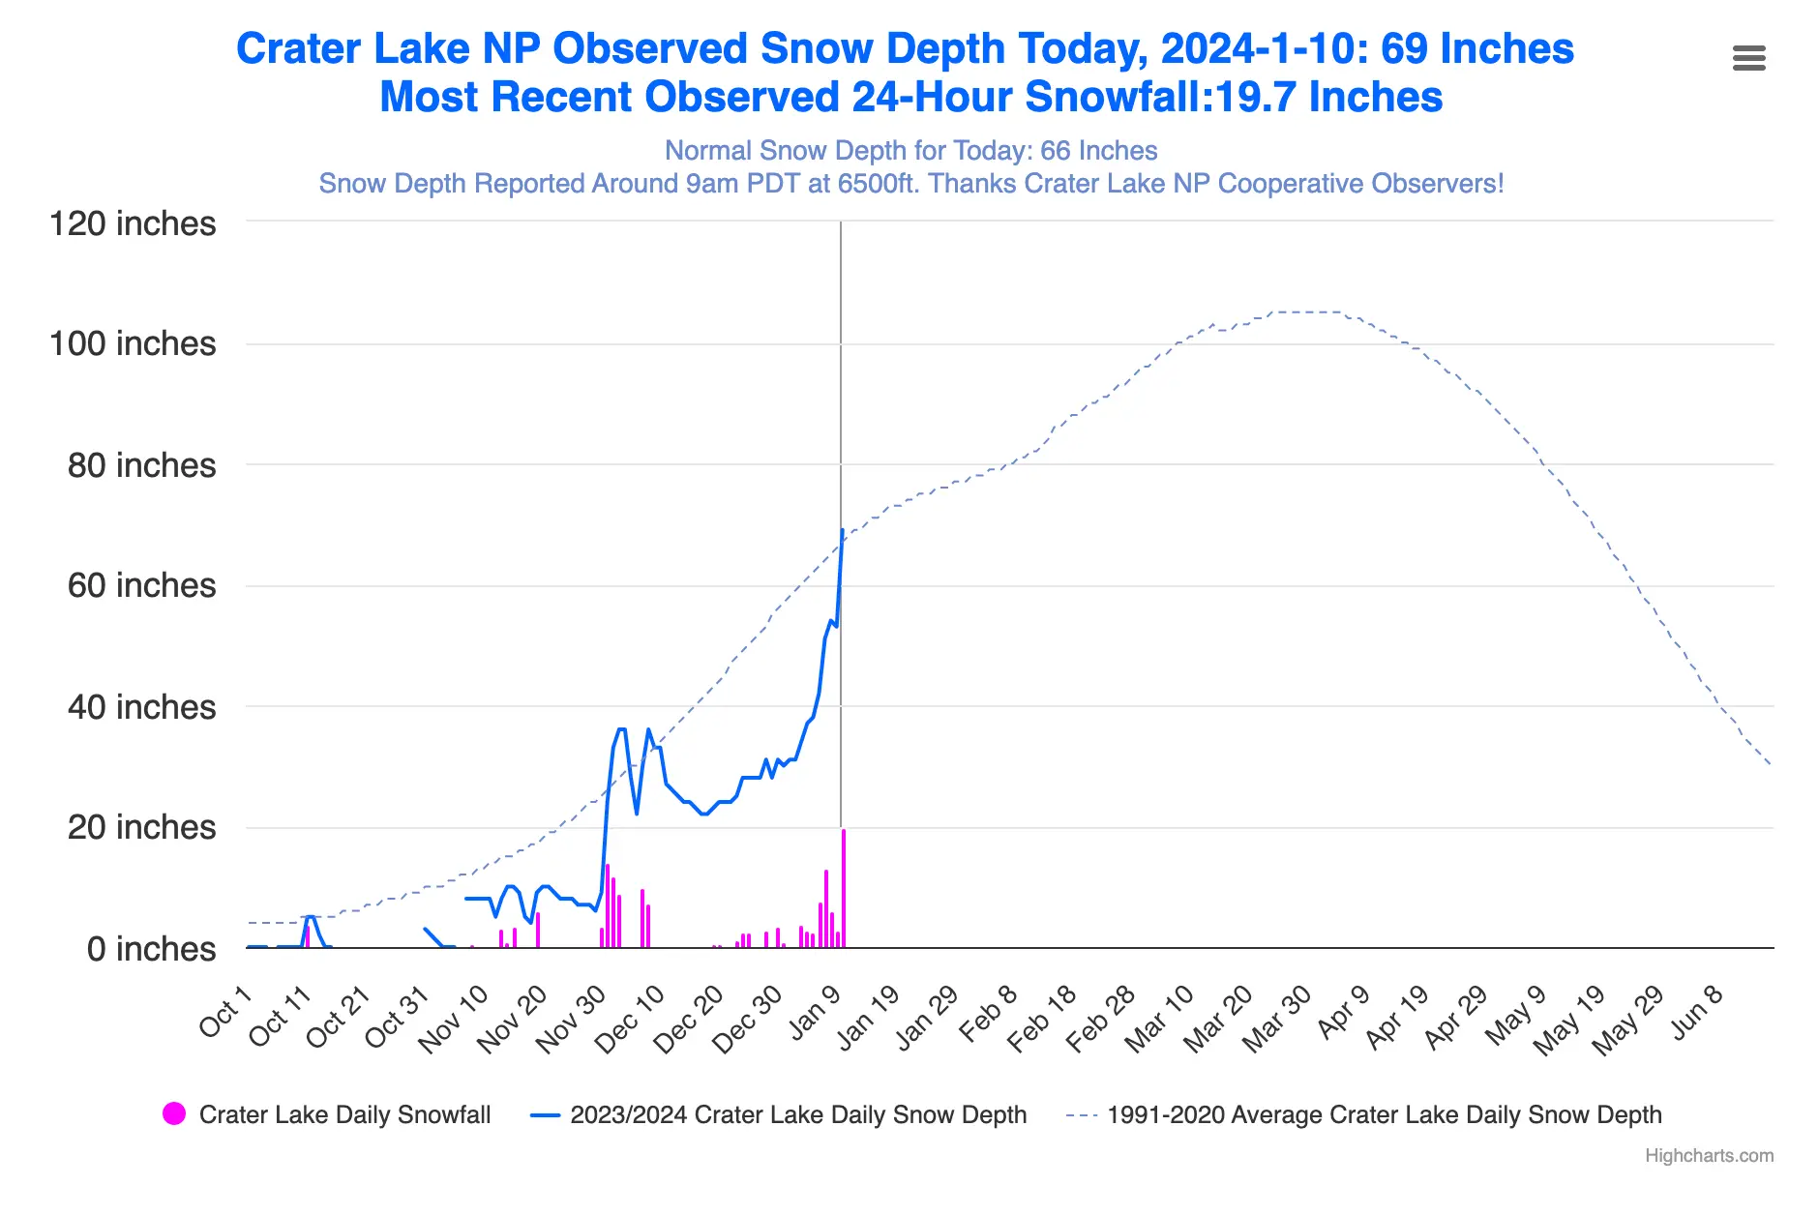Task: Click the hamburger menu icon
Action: click(x=1748, y=58)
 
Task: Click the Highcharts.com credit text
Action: click(x=1709, y=1155)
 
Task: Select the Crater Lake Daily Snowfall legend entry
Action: click(x=344, y=1114)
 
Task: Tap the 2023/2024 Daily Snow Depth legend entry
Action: click(x=797, y=1114)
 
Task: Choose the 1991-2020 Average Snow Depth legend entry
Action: click(x=1384, y=1114)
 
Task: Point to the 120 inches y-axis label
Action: click(x=133, y=223)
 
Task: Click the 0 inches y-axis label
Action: click(x=151, y=949)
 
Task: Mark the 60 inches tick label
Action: click(x=141, y=586)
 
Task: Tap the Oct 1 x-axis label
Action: click(x=225, y=1012)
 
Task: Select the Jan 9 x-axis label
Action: click(x=815, y=1013)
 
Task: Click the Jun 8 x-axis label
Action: click(x=1697, y=1012)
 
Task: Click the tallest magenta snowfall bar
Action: click(x=844, y=888)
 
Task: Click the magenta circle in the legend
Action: click(x=174, y=1114)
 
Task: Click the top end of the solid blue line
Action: click(x=843, y=531)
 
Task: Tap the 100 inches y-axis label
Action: click(x=133, y=344)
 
